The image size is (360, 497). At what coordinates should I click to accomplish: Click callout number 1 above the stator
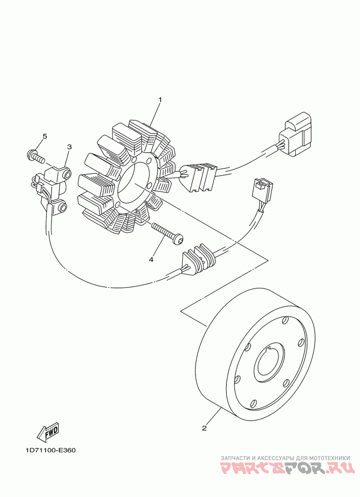pyautogui.click(x=160, y=99)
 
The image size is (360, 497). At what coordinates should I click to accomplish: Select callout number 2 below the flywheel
pyautogui.click(x=204, y=428)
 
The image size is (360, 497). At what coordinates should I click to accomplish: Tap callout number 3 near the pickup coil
pyautogui.click(x=70, y=147)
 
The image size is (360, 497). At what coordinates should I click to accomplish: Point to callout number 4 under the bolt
pyautogui.click(x=151, y=259)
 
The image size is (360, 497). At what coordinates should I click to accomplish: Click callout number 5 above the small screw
pyautogui.click(x=45, y=136)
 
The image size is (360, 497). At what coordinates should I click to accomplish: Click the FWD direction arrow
pyautogui.click(x=48, y=432)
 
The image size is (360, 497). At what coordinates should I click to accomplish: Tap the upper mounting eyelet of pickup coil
pyautogui.click(x=67, y=173)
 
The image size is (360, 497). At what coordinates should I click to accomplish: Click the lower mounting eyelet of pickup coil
pyautogui.click(x=62, y=208)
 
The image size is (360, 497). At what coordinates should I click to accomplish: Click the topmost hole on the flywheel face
pyautogui.click(x=284, y=320)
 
